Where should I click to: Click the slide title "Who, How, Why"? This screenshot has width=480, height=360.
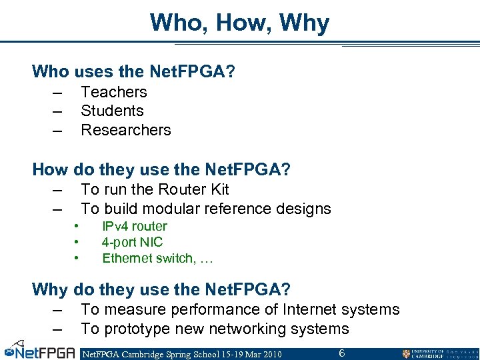(x=239, y=23)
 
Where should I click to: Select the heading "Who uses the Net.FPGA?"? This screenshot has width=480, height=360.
(x=133, y=71)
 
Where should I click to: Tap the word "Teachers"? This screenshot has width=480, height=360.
(x=113, y=92)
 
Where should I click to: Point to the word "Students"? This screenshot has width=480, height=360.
(x=112, y=111)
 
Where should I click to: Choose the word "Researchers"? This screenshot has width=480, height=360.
(x=125, y=130)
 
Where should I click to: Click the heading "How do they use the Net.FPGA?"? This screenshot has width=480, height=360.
(x=161, y=169)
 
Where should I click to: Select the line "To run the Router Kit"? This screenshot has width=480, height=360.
(x=155, y=189)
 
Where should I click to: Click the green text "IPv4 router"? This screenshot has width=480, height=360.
(x=134, y=227)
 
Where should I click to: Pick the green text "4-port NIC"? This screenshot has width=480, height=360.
(x=132, y=242)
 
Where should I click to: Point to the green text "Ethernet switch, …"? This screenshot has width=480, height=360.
(x=157, y=258)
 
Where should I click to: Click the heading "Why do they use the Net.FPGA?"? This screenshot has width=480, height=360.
(x=161, y=289)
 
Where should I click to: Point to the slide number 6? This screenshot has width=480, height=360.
(x=341, y=353)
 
